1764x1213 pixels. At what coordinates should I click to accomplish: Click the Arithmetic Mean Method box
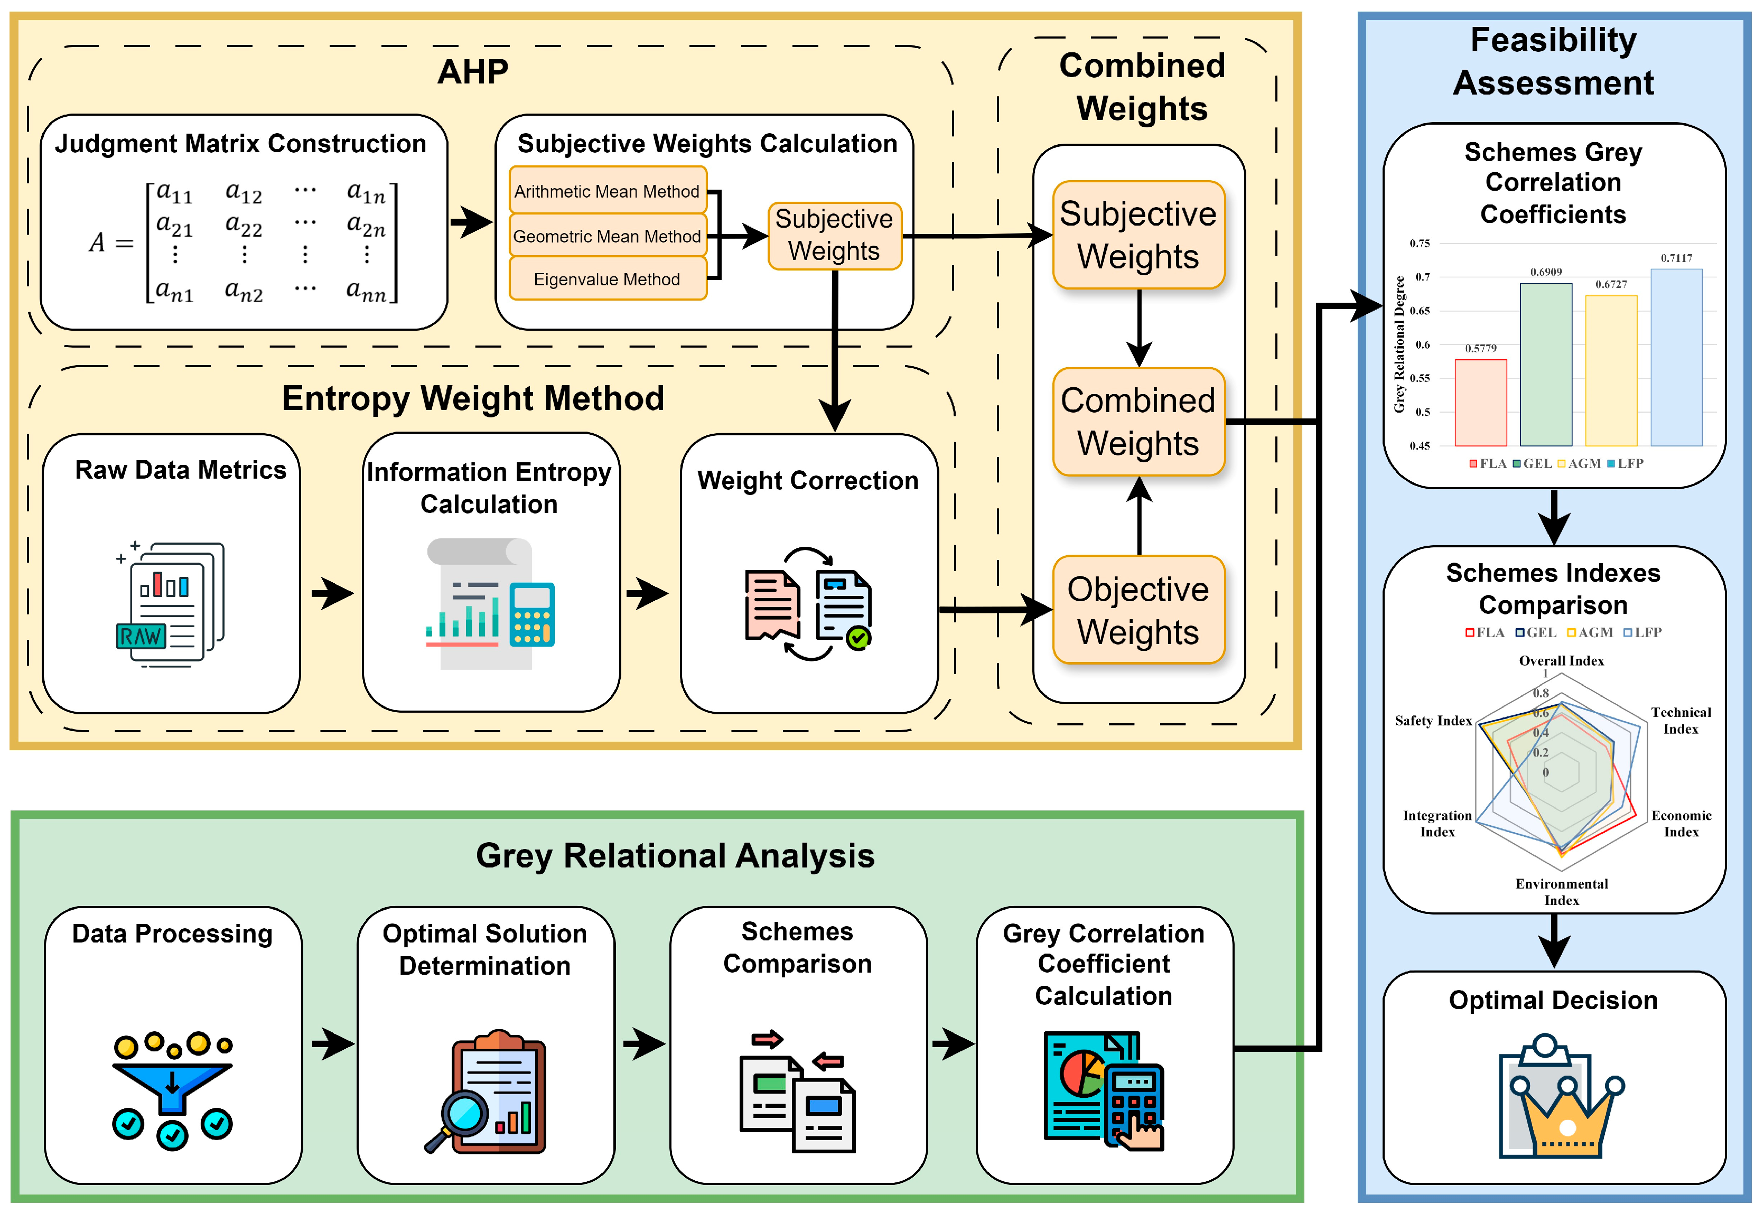606,191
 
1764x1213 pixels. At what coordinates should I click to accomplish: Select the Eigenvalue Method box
606,279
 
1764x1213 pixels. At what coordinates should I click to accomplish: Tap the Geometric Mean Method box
606,236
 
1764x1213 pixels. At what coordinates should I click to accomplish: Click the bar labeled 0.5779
1480,403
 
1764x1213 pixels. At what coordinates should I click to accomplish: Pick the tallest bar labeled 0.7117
1675,357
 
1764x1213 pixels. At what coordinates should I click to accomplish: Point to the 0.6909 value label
1545,272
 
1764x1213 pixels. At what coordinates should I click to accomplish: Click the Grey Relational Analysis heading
674,856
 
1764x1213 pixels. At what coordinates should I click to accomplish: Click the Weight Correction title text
807,480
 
